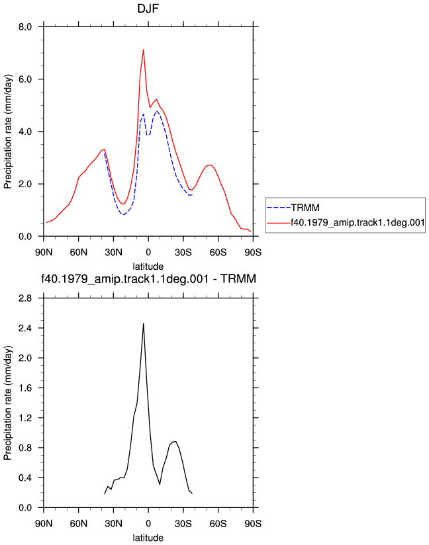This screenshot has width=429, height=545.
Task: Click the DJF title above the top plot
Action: [x=148, y=9]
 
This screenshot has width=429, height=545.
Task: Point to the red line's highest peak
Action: [x=144, y=50]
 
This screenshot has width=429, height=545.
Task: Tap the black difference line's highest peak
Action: [x=144, y=323]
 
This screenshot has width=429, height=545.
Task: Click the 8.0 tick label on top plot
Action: [x=25, y=26]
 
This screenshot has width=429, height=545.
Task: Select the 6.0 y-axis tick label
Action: [x=25, y=79]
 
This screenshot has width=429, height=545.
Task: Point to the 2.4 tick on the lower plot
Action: [x=25, y=328]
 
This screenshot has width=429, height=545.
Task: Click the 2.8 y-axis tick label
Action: [x=25, y=298]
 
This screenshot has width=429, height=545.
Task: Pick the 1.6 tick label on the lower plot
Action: [x=25, y=388]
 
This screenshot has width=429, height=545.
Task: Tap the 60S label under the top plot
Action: [x=218, y=253]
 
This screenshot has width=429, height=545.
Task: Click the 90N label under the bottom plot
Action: [x=44, y=523]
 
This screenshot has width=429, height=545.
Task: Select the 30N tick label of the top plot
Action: [x=113, y=253]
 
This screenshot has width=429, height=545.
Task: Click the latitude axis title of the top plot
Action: [x=148, y=267]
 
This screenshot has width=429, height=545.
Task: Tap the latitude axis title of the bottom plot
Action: [x=148, y=538]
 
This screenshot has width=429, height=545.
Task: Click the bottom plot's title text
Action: [x=148, y=278]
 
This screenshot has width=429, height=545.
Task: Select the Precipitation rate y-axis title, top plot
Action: [x=8, y=132]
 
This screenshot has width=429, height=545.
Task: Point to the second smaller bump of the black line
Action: [x=175, y=441]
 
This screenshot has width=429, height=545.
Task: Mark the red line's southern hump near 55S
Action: [x=209, y=165]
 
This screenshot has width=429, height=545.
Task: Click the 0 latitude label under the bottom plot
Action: [x=148, y=523]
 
